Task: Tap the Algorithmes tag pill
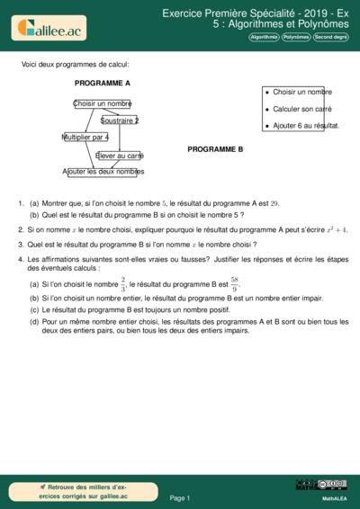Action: coord(264,38)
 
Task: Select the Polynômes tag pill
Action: coord(296,38)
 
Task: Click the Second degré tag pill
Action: coord(330,38)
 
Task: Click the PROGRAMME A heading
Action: coord(103,83)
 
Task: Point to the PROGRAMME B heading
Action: coord(215,150)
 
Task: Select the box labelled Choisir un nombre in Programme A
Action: coord(102,103)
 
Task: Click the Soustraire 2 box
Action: coord(120,121)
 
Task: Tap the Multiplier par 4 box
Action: coord(85,138)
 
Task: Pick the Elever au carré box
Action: coord(120,155)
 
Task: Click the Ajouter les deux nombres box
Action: coord(103,172)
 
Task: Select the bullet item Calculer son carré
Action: coord(301,109)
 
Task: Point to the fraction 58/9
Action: coord(234,284)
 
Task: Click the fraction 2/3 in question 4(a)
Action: coord(123,284)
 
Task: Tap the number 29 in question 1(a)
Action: coord(274,203)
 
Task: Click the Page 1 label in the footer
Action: coord(180,497)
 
